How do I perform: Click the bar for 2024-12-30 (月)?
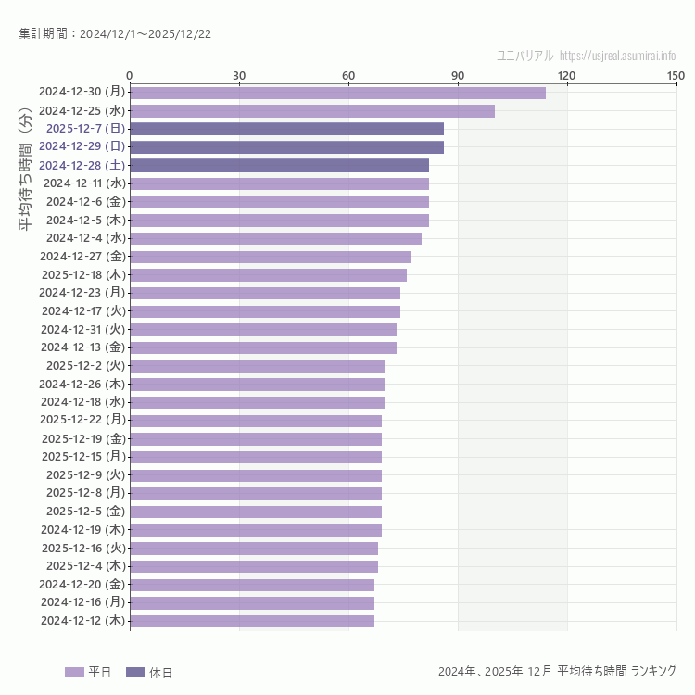point(337,93)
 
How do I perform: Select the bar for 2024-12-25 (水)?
point(311,111)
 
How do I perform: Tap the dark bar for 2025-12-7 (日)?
point(286,129)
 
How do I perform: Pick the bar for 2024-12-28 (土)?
point(279,165)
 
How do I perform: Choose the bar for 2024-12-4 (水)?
point(275,238)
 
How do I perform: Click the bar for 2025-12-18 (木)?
point(268,275)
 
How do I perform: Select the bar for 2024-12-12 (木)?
point(252,621)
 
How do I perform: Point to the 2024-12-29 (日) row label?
point(82,146)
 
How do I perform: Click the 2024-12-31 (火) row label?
point(82,329)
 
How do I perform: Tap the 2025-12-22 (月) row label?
point(82,420)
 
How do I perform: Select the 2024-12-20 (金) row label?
point(82,584)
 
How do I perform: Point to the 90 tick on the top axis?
point(458,75)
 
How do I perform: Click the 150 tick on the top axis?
point(676,75)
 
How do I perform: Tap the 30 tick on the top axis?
point(239,75)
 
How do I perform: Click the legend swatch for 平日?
point(74,672)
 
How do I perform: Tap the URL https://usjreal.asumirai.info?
point(618,56)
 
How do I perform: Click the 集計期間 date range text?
point(115,34)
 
